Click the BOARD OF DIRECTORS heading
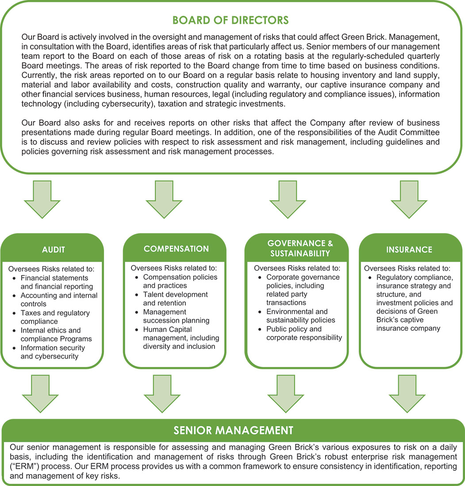(230, 20)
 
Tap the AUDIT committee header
(54, 249)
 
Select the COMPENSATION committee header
(176, 249)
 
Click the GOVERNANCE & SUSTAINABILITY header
(300, 249)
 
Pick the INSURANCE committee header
(409, 249)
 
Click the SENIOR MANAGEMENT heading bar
(233, 430)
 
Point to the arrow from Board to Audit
(42, 199)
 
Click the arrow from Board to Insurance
(409, 199)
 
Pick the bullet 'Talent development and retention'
(175, 299)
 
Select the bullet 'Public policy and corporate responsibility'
(304, 333)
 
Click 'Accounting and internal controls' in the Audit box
(59, 299)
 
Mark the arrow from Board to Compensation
(164, 199)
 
